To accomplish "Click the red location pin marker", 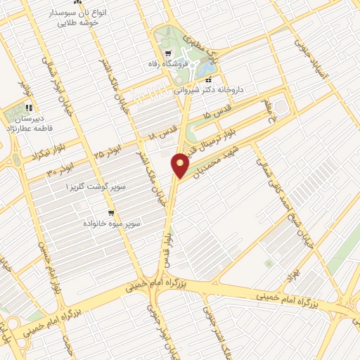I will click(180, 166).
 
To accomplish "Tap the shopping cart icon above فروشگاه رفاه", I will click(167, 54).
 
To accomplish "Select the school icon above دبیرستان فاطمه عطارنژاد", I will click(29, 108).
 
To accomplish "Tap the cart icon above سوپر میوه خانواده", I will click(111, 213).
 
